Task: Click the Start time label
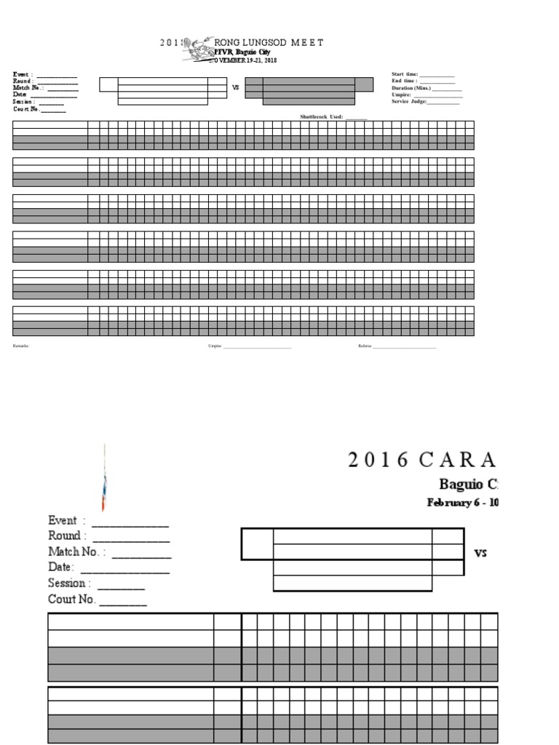(405, 74)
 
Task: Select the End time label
(403, 81)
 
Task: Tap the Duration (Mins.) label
(411, 87)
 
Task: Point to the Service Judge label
(409, 101)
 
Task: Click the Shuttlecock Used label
(321, 116)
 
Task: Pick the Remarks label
(20, 346)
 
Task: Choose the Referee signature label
(365, 346)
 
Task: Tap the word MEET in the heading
(307, 43)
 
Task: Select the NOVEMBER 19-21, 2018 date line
(243, 60)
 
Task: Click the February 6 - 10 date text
(461, 502)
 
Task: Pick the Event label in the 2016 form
(63, 520)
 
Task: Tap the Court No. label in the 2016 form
(71, 599)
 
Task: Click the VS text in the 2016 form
(480, 553)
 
